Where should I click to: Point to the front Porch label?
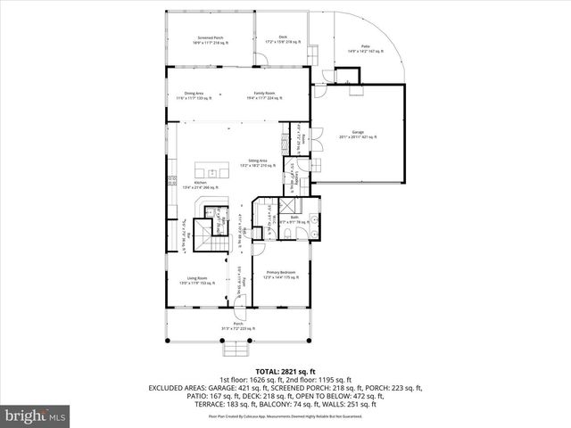[x=237, y=325]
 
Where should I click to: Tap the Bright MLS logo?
[x=36, y=416]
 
